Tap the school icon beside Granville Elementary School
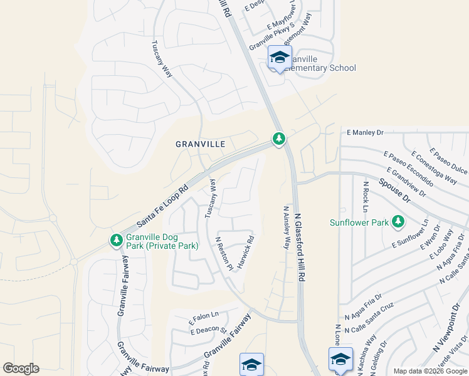pyautogui.click(x=279, y=58)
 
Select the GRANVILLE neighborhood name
pyautogui.click(x=200, y=144)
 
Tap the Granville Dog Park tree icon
pyautogui.click(x=116, y=240)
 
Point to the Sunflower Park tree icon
pyautogui.click(x=398, y=221)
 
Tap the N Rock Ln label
pyautogui.click(x=365, y=197)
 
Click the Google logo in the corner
pyautogui.click(x=21, y=368)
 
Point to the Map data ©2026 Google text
pyautogui.click(x=429, y=371)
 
